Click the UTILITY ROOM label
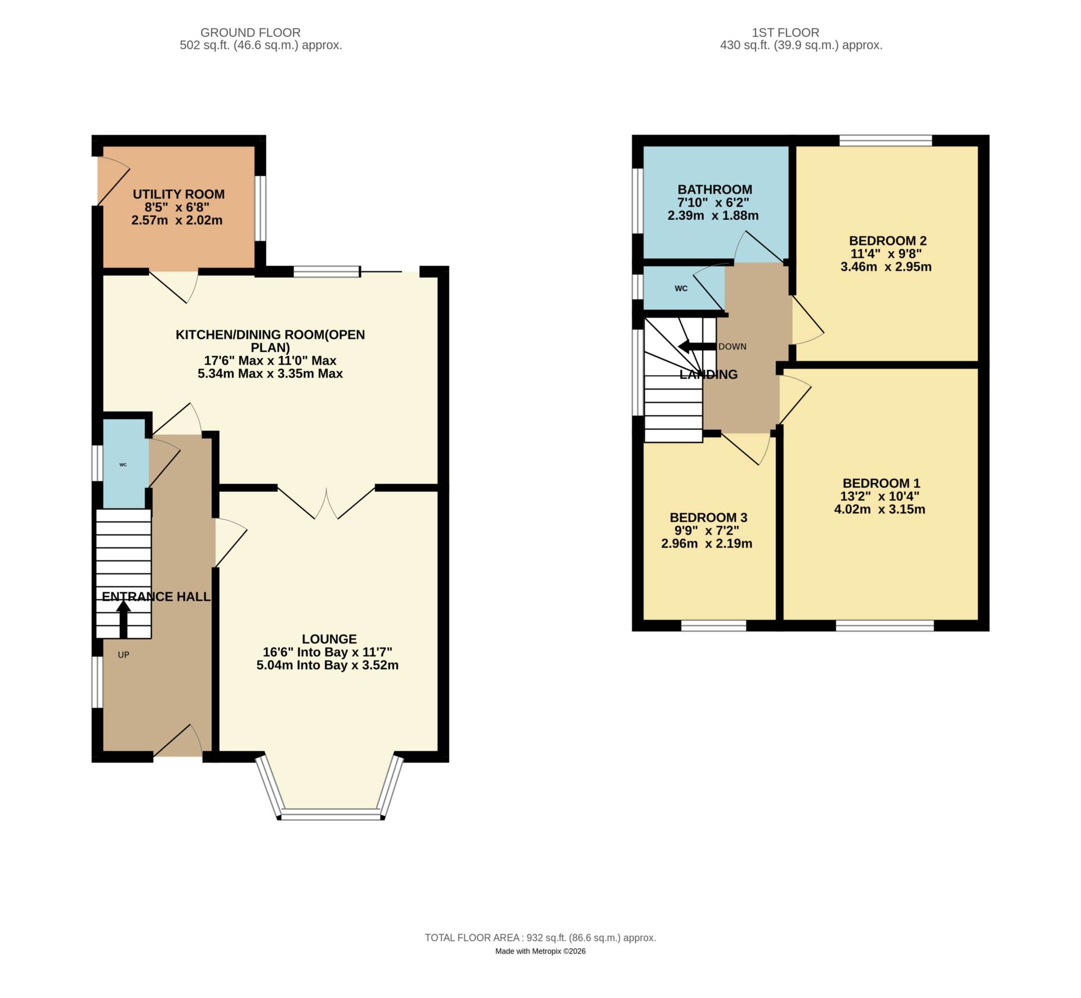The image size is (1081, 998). [x=178, y=194]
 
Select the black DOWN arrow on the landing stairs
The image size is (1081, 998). [x=696, y=346]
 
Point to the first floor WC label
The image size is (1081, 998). [x=681, y=288]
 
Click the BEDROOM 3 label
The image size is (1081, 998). [x=708, y=517]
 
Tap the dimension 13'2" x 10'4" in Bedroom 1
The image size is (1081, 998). [x=881, y=496]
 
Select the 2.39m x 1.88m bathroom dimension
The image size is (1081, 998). [x=713, y=216]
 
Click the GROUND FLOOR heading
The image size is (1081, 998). [x=250, y=33]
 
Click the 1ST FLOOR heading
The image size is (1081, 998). [x=785, y=33]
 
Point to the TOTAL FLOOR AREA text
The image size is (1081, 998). [x=540, y=938]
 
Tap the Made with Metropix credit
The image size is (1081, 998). [x=540, y=951]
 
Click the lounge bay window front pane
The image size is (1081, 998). [x=331, y=813]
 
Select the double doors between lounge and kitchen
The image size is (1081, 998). [x=327, y=503]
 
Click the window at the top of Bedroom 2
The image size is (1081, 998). [x=885, y=140]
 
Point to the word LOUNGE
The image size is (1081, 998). [x=329, y=639]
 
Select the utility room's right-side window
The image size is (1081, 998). [x=260, y=208]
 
